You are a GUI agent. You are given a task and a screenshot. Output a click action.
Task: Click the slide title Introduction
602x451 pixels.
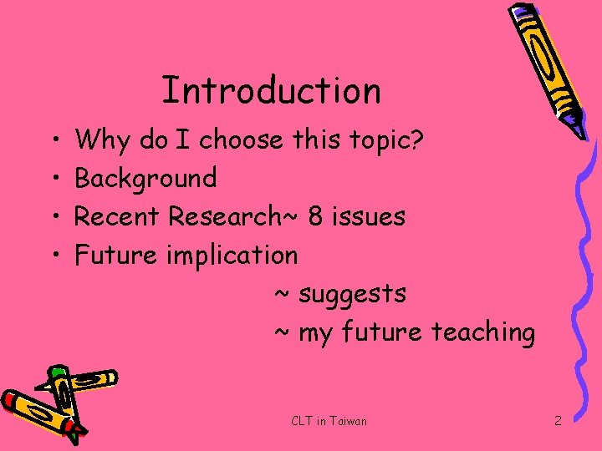(x=271, y=90)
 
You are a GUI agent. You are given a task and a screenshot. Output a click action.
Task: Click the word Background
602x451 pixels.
(x=146, y=178)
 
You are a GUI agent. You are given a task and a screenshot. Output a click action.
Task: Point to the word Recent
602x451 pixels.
(x=118, y=216)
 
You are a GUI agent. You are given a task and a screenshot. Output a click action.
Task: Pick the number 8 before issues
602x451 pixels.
(x=315, y=216)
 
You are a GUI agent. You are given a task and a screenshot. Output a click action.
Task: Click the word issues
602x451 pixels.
(x=370, y=216)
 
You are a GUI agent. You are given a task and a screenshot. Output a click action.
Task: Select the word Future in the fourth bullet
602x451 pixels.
(x=115, y=254)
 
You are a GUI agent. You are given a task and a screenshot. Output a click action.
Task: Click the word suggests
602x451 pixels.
(x=352, y=294)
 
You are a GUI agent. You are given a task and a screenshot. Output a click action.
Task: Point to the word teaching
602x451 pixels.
(x=482, y=332)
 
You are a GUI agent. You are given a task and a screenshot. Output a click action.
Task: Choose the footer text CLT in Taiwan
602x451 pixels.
(x=329, y=421)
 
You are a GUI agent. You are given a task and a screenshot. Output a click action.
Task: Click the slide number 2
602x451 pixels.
(x=558, y=421)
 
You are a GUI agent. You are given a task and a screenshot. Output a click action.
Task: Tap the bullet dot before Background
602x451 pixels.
(x=54, y=178)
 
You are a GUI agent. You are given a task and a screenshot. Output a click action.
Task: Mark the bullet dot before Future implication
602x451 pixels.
(x=54, y=254)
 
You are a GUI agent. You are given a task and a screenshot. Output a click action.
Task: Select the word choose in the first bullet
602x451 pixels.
(x=242, y=139)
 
